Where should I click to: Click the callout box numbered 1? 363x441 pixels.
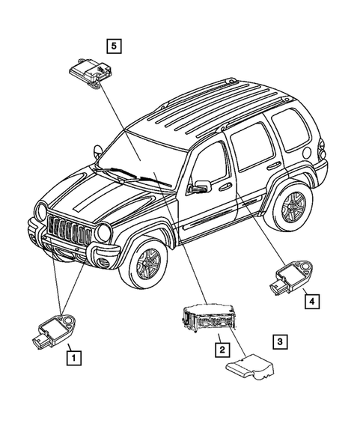pos(73,358)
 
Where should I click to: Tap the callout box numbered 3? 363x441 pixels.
pos(278,343)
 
